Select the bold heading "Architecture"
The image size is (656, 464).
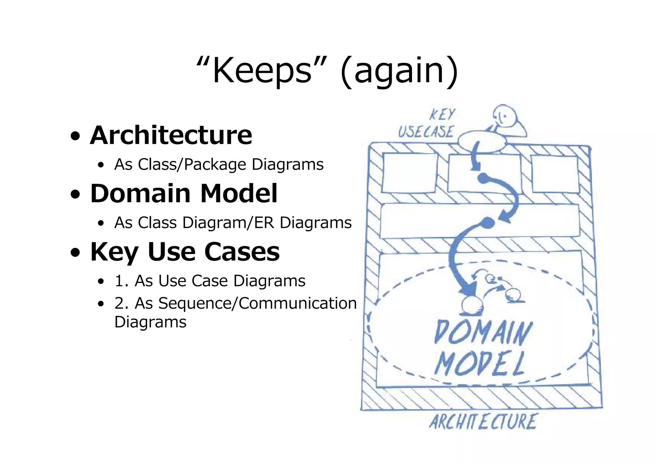coord(171,135)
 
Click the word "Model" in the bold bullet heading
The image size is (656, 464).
coord(239,194)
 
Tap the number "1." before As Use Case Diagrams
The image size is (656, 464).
coord(122,281)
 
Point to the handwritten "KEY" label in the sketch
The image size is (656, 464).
coord(442,114)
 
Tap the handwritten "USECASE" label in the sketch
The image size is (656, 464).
coord(426,131)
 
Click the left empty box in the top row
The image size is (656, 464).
coord(410,173)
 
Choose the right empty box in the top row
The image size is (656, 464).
coord(555,174)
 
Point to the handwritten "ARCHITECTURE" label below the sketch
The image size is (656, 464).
coord(482,422)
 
